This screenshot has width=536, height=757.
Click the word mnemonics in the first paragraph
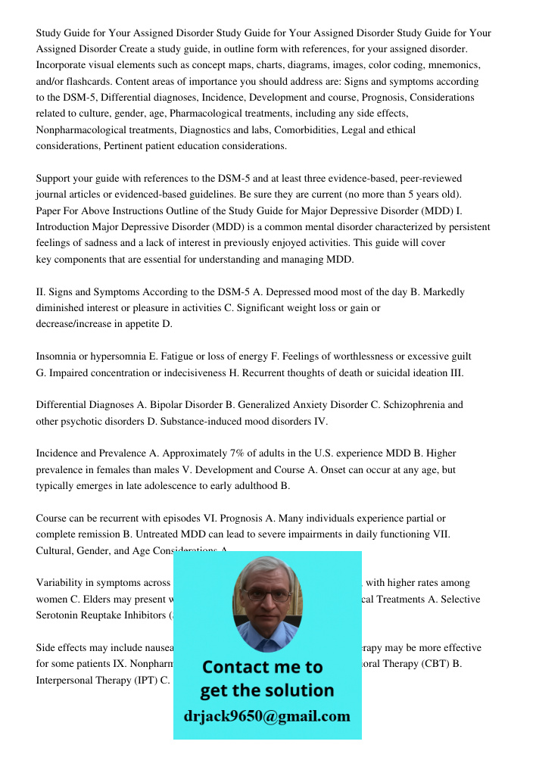[452, 65]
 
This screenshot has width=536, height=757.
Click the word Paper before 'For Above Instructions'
[50, 210]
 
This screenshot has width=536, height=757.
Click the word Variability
[61, 583]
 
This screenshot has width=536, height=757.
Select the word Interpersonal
[67, 680]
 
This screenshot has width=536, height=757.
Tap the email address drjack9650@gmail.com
[266, 716]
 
